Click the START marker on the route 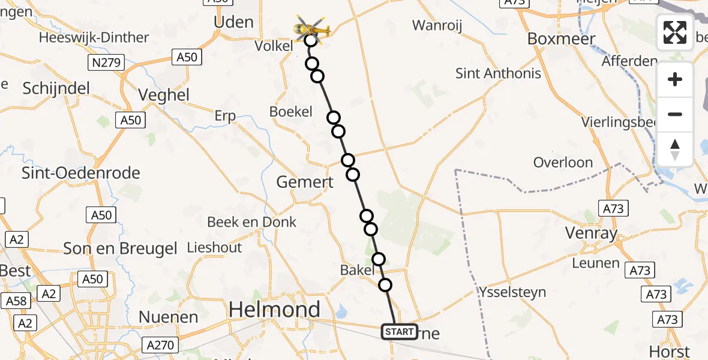click(x=399, y=332)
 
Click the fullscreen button click(x=675, y=32)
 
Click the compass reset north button click(x=675, y=149)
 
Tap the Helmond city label click(x=275, y=310)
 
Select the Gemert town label click(x=305, y=182)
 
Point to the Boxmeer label click(x=561, y=39)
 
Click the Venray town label click(x=592, y=233)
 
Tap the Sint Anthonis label click(x=498, y=73)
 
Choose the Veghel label click(x=163, y=95)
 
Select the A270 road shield click(x=160, y=345)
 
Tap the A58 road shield click(x=16, y=301)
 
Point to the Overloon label click(x=563, y=163)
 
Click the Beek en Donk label click(x=251, y=222)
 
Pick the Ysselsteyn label click(x=512, y=292)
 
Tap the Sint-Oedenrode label click(x=80, y=173)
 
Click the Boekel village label click(x=291, y=112)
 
